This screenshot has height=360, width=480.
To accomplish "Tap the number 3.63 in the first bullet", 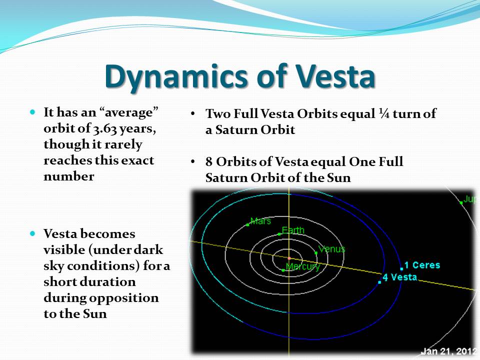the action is pyautogui.click(x=105, y=129).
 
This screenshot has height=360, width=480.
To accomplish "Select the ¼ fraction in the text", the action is pyautogui.click(x=383, y=113).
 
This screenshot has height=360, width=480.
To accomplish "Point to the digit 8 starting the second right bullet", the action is pyautogui.click(x=209, y=161).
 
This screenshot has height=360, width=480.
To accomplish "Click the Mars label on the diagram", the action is pyautogui.click(x=260, y=220).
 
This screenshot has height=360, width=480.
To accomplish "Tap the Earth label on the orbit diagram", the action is pyautogui.click(x=293, y=230).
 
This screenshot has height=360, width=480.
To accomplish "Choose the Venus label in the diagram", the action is pyautogui.click(x=332, y=249).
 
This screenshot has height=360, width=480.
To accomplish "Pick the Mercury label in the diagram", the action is pyautogui.click(x=303, y=266).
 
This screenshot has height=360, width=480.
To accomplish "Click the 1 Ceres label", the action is pyautogui.click(x=422, y=265).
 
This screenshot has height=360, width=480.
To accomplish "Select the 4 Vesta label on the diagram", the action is pyautogui.click(x=400, y=277).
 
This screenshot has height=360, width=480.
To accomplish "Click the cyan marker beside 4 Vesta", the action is pyautogui.click(x=379, y=282).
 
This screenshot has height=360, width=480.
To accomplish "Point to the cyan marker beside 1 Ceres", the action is pyautogui.click(x=401, y=269).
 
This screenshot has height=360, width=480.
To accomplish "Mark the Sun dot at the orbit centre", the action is pyautogui.click(x=289, y=258).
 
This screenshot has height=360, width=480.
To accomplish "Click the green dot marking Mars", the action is pyautogui.click(x=247, y=225).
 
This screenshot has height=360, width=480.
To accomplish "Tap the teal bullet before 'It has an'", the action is pyautogui.click(x=33, y=112).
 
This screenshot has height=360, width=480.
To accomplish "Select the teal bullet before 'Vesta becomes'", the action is pyautogui.click(x=33, y=234).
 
